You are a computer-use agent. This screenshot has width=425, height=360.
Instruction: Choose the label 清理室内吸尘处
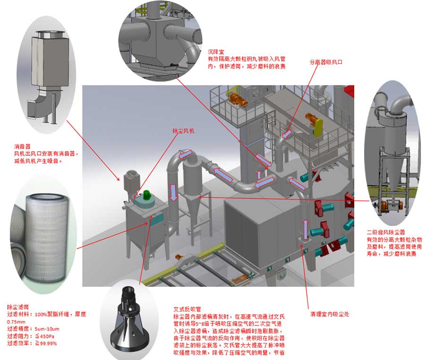pos(329,314)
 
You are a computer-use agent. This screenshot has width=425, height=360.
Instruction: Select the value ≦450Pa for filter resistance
pos(46,336)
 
